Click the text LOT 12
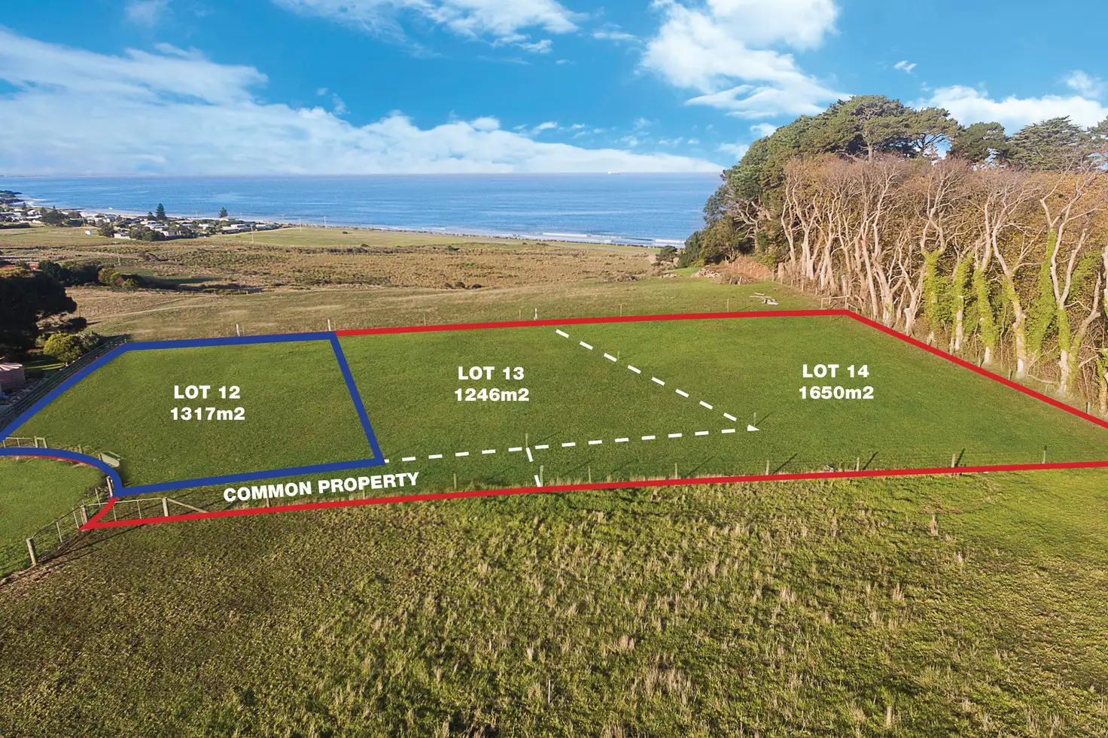pos(207,392)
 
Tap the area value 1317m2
pos(208,414)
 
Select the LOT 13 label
pos(491,373)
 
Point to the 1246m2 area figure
pos(492,394)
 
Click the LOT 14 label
pos(836,371)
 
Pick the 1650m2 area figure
pos(836,393)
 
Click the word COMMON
pos(267,491)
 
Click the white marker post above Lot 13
pos(535,313)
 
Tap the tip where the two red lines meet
pos(84,527)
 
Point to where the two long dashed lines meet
pos(755,429)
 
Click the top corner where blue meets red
pos(333,334)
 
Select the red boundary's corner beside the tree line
pos(847,313)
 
